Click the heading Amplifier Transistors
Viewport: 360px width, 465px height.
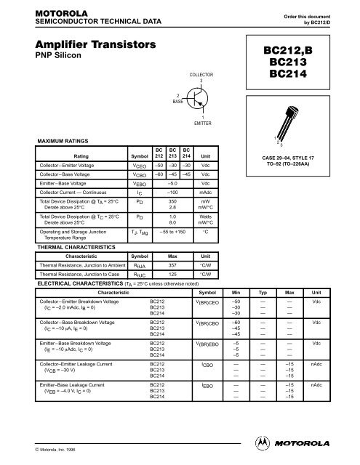pyautogui.click(x=83, y=45)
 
